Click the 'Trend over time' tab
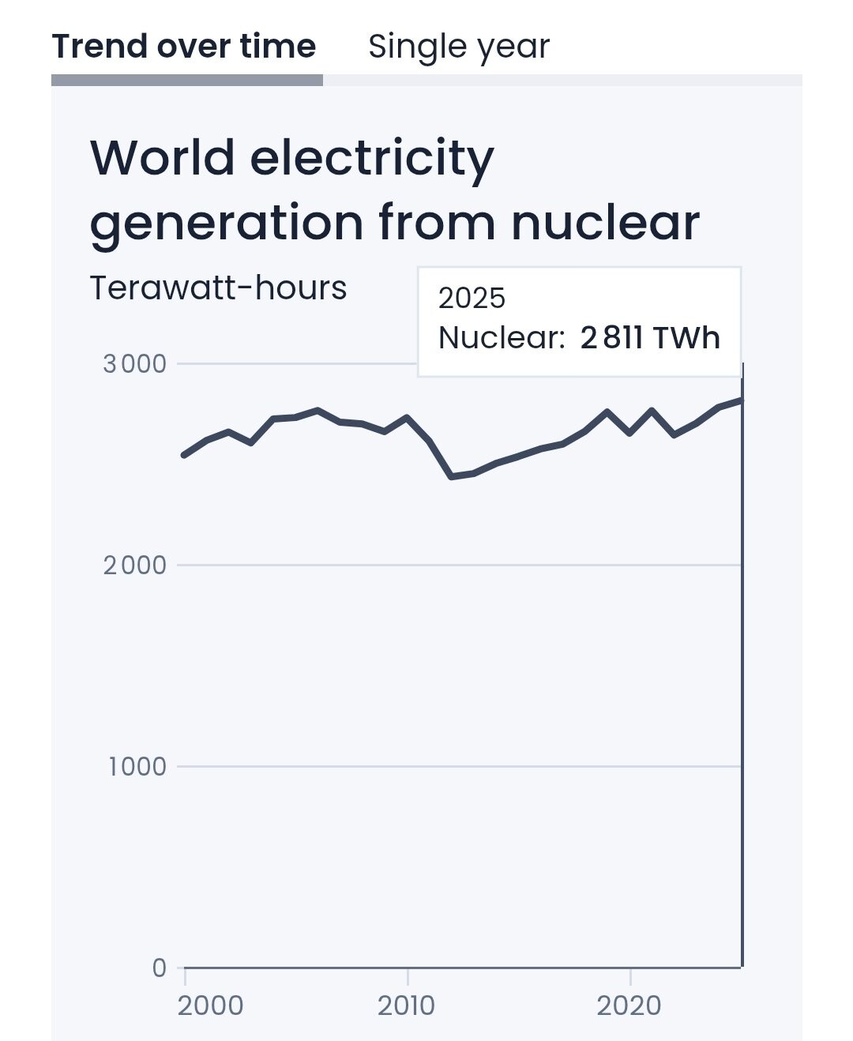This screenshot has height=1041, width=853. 183,47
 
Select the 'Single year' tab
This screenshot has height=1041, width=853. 459,47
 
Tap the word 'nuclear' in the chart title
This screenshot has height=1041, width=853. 606,222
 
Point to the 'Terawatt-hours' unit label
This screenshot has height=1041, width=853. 218,287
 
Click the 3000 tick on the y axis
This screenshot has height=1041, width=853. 135,364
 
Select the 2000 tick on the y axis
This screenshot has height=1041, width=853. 135,566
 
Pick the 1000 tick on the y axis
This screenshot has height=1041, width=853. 137,767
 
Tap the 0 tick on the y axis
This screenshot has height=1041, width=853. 160,968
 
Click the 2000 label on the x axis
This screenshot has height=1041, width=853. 210,1005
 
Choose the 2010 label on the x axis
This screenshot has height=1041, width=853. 406,1005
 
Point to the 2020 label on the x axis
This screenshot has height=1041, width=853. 629,1005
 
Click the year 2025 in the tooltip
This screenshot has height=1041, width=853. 472,298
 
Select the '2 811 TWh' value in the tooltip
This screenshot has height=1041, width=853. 650,337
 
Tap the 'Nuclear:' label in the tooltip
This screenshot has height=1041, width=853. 502,337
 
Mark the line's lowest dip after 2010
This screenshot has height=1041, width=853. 452,476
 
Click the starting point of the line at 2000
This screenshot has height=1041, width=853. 184,455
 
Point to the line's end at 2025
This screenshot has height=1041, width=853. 742,400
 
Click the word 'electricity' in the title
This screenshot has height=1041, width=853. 372,160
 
